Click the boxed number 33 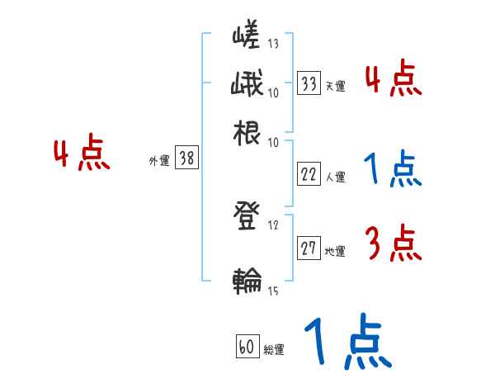click(309, 83)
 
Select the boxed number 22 click(309, 174)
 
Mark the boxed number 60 click(247, 347)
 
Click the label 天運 click(335, 86)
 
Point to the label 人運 click(335, 177)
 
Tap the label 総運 click(274, 350)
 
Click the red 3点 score click(393, 244)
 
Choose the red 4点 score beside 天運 click(393, 79)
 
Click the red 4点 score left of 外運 click(82, 154)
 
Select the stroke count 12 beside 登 click(273, 224)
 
